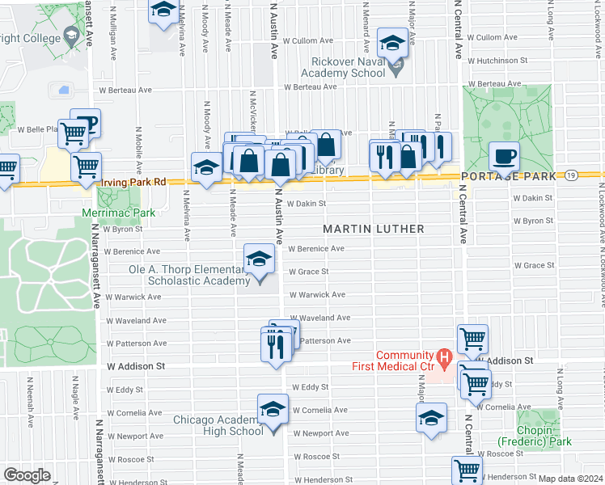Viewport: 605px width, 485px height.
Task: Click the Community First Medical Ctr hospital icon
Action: tap(442, 356)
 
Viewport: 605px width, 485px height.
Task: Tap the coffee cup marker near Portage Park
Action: tap(504, 155)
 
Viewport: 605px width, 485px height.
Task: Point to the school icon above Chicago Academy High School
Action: tap(273, 409)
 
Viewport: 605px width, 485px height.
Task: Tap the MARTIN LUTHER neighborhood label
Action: tap(374, 230)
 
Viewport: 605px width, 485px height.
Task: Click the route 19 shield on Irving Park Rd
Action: tap(572, 175)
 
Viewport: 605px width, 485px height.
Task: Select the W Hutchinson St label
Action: tap(497, 60)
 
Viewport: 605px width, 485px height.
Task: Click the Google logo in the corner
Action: tap(27, 475)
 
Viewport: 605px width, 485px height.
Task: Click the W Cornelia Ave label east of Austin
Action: tap(320, 410)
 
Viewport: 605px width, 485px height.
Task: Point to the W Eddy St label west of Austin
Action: tap(129, 390)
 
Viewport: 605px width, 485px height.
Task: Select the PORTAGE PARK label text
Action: tap(508, 175)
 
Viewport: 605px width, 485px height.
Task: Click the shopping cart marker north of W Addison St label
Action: tap(472, 339)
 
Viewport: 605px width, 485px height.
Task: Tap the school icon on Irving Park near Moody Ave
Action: tap(206, 167)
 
